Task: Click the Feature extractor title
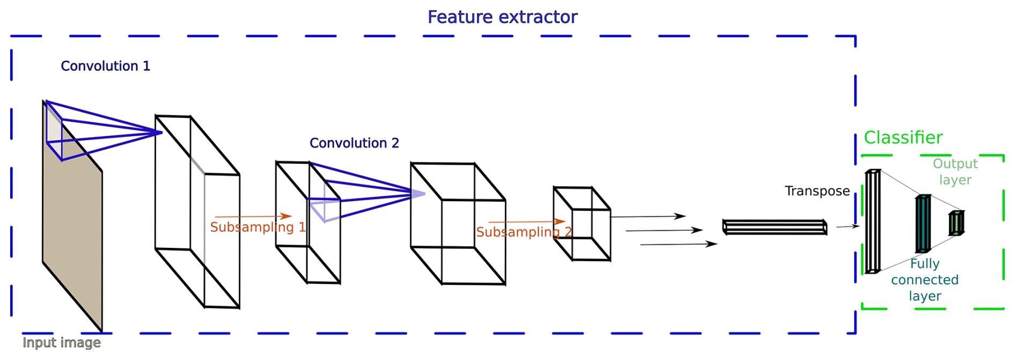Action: tap(502, 17)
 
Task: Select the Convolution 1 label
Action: tap(105, 66)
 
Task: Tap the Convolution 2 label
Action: tap(354, 143)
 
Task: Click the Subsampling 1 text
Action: tap(258, 227)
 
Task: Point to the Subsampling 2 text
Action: tap(524, 232)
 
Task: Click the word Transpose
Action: tap(817, 191)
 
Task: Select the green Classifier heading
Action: tap(903, 138)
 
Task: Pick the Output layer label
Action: tap(955, 172)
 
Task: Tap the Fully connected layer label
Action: tap(924, 280)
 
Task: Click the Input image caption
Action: tap(62, 343)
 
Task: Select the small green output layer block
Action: tap(956, 223)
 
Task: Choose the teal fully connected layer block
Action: tap(923, 224)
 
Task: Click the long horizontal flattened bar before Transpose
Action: tap(774, 227)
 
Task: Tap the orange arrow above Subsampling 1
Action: tap(253, 217)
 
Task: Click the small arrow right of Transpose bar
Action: tap(847, 226)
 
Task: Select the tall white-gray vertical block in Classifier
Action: tap(872, 222)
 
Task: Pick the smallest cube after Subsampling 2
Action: tap(582, 224)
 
